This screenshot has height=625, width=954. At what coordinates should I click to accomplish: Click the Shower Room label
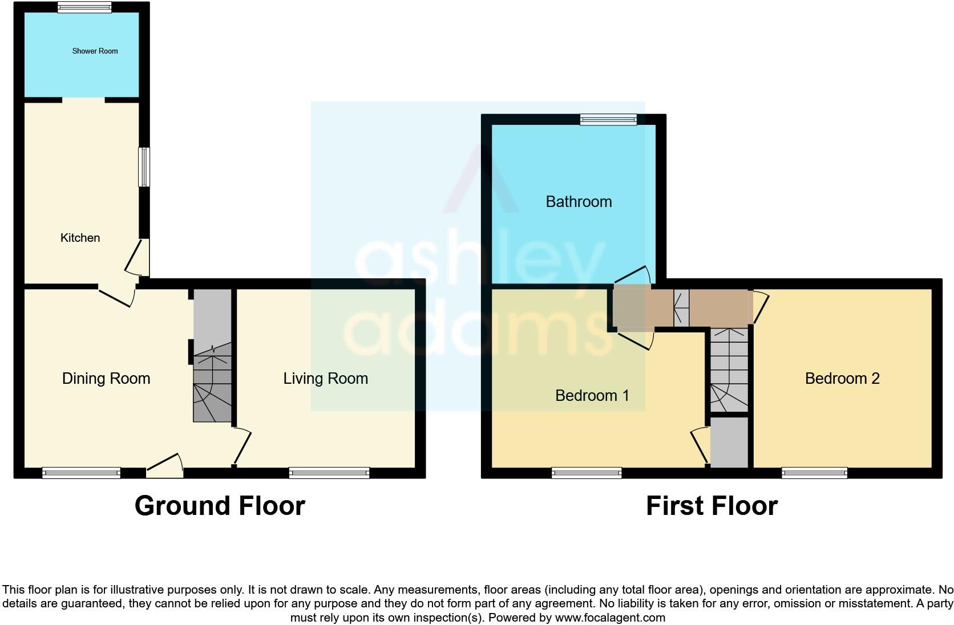tap(95, 51)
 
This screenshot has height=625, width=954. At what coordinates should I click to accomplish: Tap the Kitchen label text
tap(80, 238)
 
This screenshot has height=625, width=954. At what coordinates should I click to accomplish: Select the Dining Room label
tap(106, 378)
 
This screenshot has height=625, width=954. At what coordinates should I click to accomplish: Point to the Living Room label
tap(325, 378)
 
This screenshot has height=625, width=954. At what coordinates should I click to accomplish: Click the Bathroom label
tap(579, 201)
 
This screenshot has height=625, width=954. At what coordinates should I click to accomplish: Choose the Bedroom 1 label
tap(592, 395)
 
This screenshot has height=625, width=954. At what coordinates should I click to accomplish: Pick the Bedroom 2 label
tap(842, 378)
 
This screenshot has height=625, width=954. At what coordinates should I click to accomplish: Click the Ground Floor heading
tap(220, 505)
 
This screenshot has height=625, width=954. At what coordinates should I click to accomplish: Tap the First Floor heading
tap(712, 505)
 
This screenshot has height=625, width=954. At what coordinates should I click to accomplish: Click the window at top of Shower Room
tap(84, 7)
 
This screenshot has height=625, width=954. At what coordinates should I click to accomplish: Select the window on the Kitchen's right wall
tap(145, 167)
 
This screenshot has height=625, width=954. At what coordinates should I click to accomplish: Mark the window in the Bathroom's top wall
tap(608, 119)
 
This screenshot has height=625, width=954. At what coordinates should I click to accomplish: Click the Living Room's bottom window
tap(329, 472)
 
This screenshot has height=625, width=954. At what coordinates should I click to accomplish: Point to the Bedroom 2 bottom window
tap(814, 472)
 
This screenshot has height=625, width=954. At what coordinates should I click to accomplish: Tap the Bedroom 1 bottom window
tap(587, 472)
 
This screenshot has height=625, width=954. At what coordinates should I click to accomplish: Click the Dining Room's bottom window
tap(81, 472)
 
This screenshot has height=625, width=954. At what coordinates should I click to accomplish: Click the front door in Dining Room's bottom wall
tap(165, 466)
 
